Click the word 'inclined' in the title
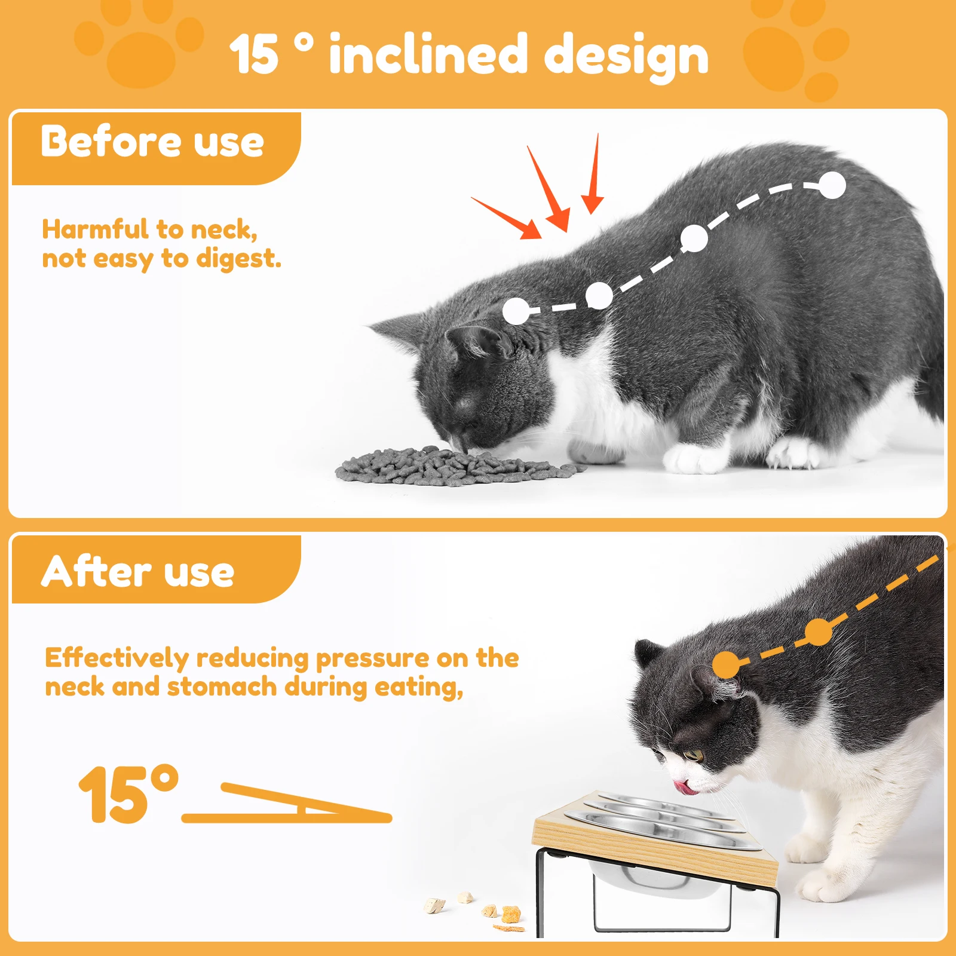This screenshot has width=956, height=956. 428,55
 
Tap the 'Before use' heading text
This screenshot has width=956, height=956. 152,142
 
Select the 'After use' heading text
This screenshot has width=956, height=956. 138,571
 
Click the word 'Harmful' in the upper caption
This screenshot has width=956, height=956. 95,229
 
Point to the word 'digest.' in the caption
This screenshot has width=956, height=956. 238,259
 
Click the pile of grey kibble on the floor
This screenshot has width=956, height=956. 454,465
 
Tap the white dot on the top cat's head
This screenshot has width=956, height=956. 516,311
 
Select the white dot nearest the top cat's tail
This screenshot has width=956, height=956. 832,185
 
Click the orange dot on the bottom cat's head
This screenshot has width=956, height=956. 727,664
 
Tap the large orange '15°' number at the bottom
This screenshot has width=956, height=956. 128,795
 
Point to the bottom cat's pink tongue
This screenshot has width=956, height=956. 685,788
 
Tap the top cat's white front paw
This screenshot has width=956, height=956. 693,459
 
